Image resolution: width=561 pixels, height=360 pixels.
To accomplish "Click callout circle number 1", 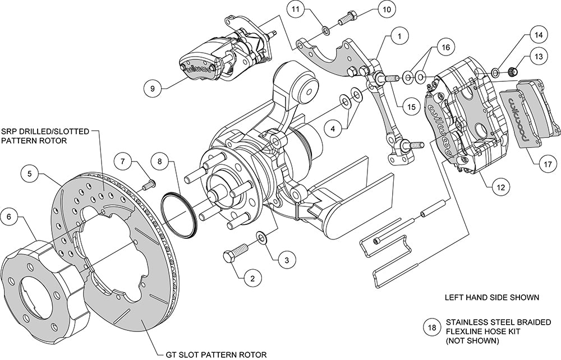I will pyautogui.click(x=399, y=38).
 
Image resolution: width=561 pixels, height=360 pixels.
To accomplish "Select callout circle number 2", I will pyautogui.click(x=252, y=278).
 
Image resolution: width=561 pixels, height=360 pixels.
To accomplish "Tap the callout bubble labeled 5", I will pyautogui.click(x=286, y=260).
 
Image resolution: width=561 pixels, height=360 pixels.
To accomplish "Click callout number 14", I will pyautogui.click(x=538, y=35).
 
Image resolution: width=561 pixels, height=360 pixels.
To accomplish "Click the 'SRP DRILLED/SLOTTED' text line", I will pyautogui.click(x=45, y=130).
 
